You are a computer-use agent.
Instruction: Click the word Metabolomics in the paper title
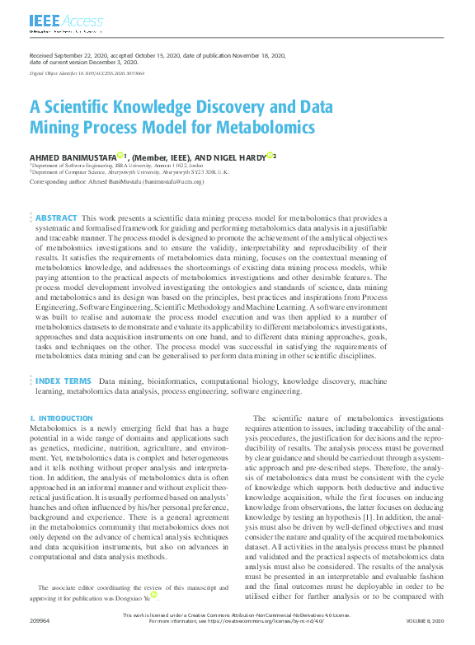click(x=266, y=128)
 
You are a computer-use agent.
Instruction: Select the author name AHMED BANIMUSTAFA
click(x=73, y=156)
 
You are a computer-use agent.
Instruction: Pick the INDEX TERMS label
click(x=63, y=381)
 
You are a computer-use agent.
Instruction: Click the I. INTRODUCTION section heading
click(x=62, y=418)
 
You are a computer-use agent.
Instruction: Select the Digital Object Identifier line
click(x=88, y=74)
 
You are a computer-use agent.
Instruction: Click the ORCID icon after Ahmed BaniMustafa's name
click(x=120, y=155)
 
